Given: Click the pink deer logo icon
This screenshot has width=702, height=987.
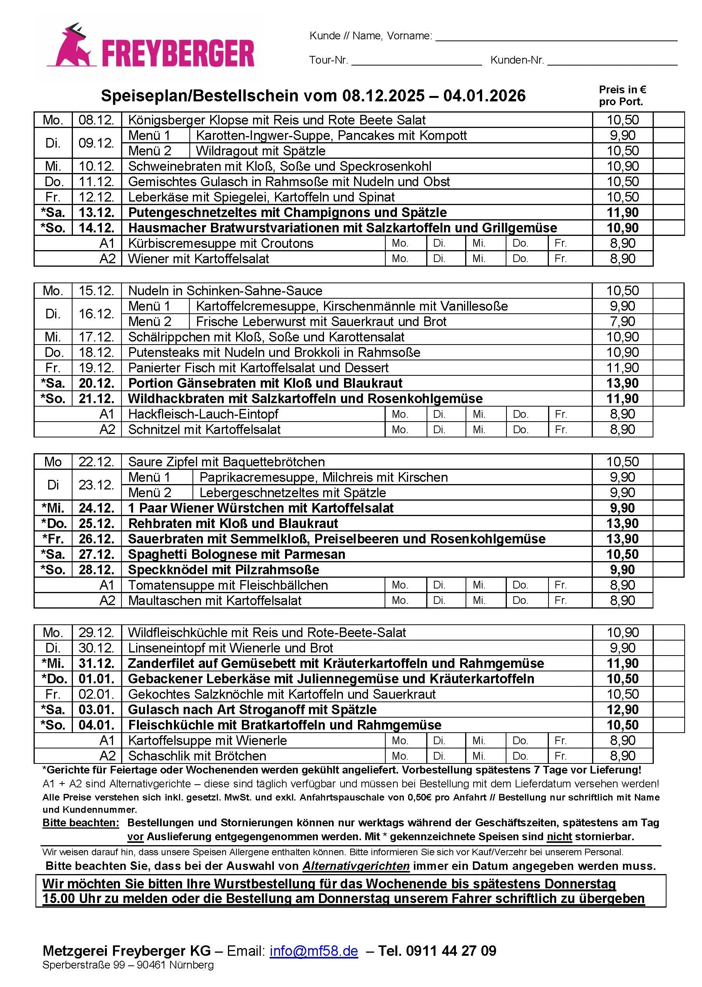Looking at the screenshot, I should (x=71, y=47).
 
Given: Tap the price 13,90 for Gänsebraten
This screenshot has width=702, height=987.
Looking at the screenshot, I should (x=622, y=383).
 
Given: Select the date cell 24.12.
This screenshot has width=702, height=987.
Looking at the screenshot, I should (x=96, y=508).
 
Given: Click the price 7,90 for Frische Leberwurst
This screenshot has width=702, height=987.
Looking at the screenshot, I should (x=622, y=321).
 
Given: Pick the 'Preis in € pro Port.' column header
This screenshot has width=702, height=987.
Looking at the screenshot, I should (x=622, y=96).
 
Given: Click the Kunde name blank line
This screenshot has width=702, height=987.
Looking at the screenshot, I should (x=556, y=36).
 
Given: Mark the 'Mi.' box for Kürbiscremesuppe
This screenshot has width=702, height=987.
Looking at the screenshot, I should (x=486, y=243).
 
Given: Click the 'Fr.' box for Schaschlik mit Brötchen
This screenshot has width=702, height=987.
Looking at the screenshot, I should (x=569, y=756).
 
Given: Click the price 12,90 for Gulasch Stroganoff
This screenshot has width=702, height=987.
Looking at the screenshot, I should (x=622, y=710).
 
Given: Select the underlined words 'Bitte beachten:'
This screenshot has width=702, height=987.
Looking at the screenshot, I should (x=80, y=823).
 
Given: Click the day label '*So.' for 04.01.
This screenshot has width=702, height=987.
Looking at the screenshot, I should (x=53, y=725).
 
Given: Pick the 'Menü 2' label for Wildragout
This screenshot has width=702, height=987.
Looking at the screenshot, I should (x=150, y=151).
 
